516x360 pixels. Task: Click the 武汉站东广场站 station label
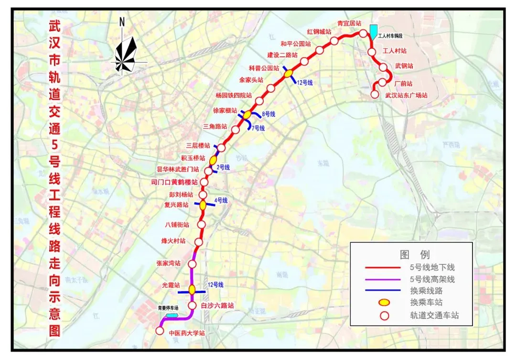pos(406,95)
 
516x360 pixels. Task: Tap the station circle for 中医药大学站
pos(160,330)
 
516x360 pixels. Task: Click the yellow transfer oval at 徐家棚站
pos(247,115)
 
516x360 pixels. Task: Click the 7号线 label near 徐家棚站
pos(258,128)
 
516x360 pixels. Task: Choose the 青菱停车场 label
pos(168,308)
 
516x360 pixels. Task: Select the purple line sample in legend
pos(382,280)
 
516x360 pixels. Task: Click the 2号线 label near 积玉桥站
pos(224,167)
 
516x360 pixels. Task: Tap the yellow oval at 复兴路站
pos(203,205)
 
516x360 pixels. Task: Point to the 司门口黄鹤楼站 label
pos(174,182)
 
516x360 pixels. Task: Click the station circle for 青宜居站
pos(363,33)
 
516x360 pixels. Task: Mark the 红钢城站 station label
pos(319,32)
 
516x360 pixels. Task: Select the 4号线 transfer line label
pos(221,200)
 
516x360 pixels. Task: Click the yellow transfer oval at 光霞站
pos(192,289)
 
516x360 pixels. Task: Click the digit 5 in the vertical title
pos(54,143)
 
